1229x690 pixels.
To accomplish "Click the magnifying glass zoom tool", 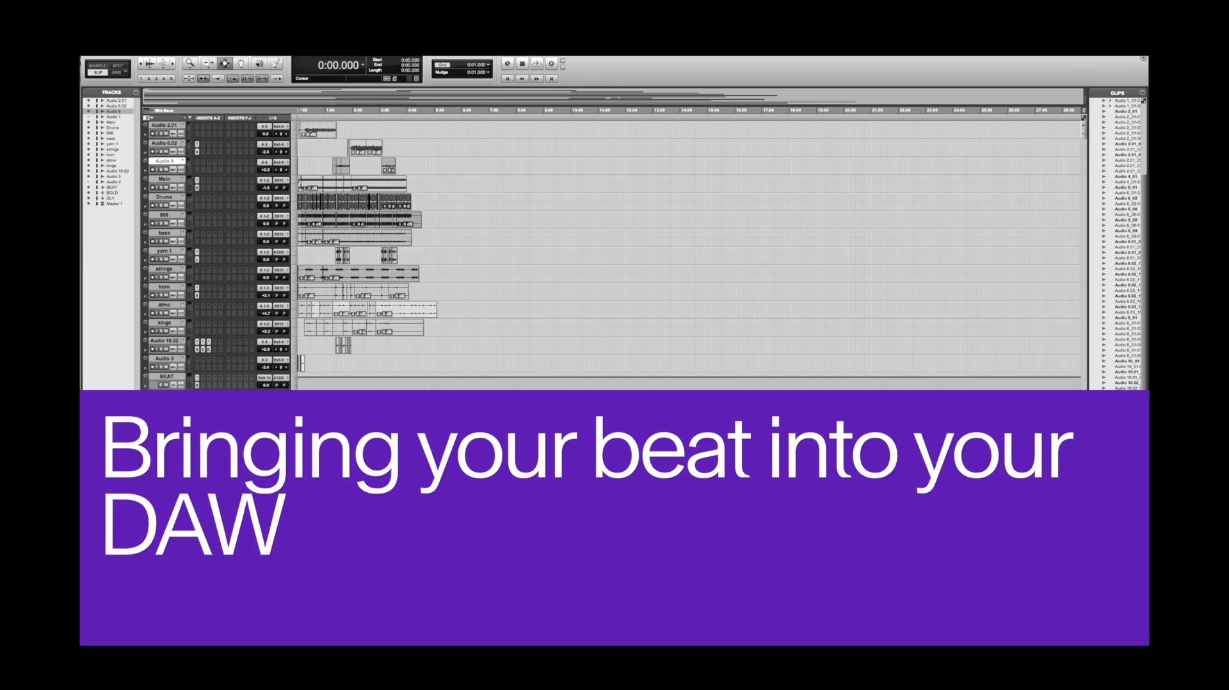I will [189, 63].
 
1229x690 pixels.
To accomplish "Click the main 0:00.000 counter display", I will [338, 65].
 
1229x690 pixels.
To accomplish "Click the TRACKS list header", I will [111, 92].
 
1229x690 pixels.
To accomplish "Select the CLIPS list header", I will [1117, 93].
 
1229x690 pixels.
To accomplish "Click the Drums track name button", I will [165, 197].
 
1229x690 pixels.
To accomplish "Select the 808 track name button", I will [165, 215].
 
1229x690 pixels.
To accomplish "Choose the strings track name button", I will [165, 269].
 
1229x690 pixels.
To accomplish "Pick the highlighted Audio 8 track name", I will [165, 161].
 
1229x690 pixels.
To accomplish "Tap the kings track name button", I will [165, 323].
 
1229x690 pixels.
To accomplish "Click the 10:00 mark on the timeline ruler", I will [577, 110].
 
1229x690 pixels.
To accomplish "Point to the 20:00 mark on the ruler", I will [850, 110].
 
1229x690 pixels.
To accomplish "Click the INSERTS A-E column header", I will [208, 118].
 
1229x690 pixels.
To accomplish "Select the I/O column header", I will [273, 118].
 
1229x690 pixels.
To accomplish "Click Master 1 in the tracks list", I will [114, 204].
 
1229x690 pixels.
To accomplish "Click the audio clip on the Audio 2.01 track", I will [317, 131].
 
